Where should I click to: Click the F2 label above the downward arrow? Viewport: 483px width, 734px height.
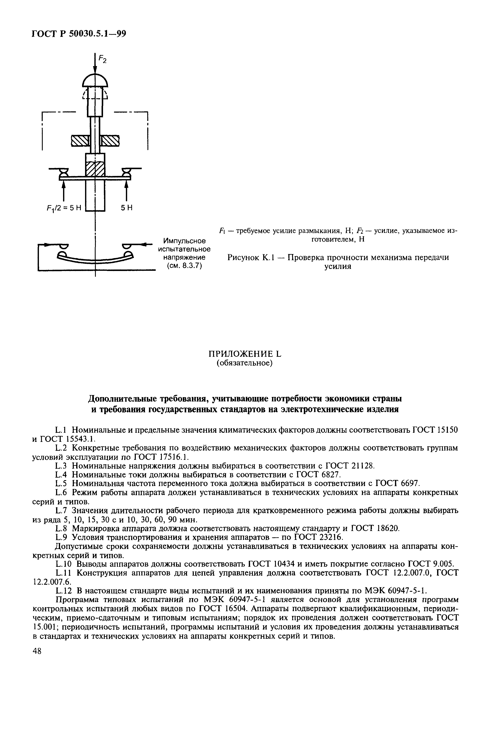(x=103, y=59)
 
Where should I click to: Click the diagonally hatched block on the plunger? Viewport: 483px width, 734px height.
(x=95, y=169)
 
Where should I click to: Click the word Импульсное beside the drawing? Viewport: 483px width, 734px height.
(x=184, y=241)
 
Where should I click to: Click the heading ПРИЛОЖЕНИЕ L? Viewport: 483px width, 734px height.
(x=245, y=354)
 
